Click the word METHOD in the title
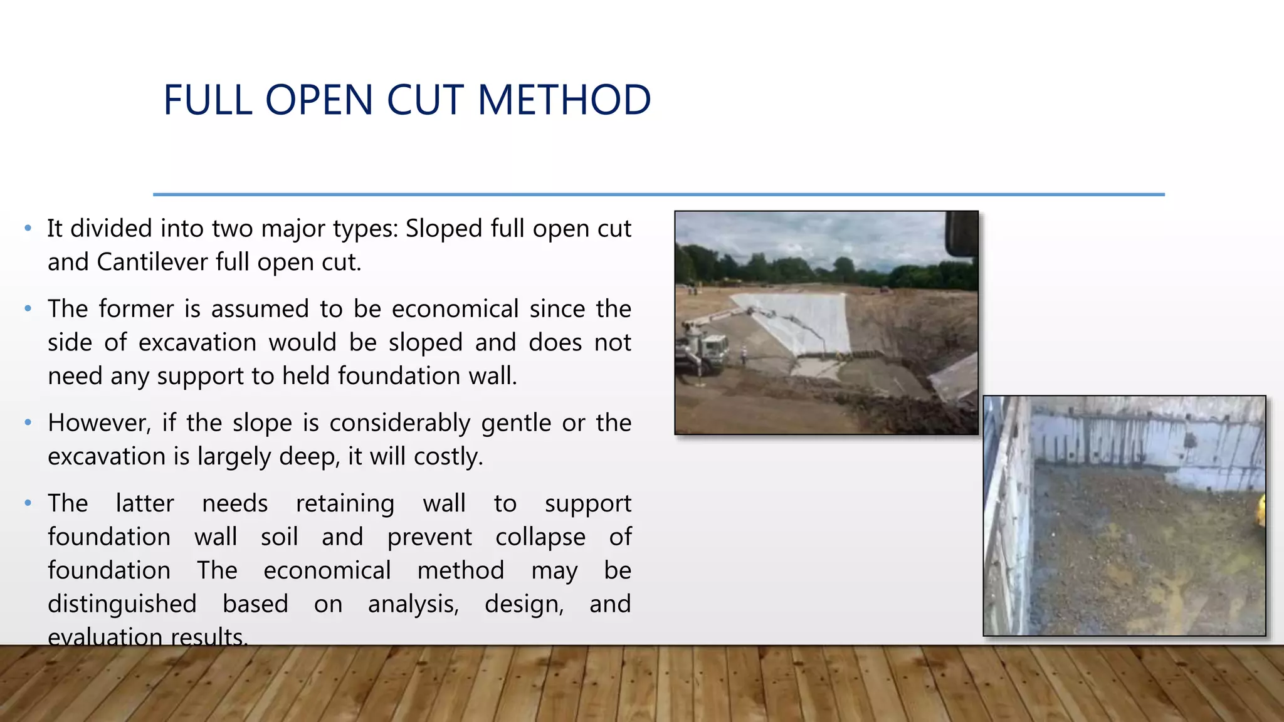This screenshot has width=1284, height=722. (x=564, y=100)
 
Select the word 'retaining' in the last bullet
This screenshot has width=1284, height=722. (x=345, y=504)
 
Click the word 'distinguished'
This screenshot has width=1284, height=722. (x=122, y=604)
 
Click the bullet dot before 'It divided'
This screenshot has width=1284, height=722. (x=28, y=229)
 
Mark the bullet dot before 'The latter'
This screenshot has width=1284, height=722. (x=28, y=503)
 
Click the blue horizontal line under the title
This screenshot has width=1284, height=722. (x=658, y=195)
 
